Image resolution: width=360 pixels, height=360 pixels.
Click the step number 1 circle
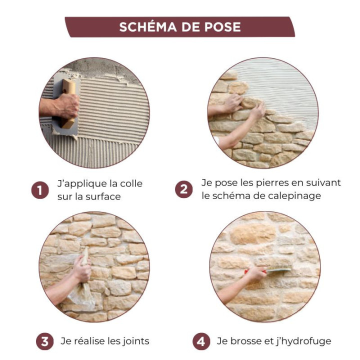(40, 190)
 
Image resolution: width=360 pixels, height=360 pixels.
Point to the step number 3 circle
(45, 341)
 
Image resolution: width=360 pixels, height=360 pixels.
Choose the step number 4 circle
(201, 341)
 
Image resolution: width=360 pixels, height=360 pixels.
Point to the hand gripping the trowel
(65, 105)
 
